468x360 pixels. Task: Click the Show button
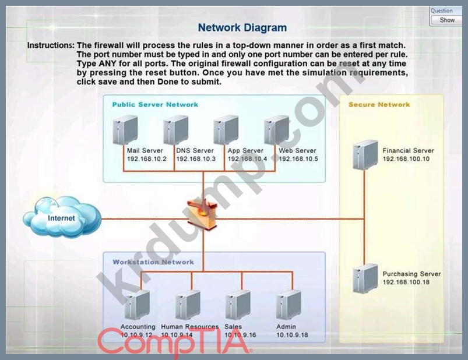tap(448, 20)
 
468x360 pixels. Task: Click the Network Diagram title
tap(242, 27)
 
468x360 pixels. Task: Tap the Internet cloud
tap(61, 218)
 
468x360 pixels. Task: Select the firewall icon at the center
tap(202, 213)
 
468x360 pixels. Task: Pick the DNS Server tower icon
tap(175, 130)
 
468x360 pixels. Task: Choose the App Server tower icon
tap(226, 130)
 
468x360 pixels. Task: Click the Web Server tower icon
tap(276, 130)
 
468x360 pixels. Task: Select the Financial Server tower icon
tap(365, 154)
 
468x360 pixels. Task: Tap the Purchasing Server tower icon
tap(365, 279)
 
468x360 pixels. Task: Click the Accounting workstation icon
tap(137, 305)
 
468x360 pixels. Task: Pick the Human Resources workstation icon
tap(188, 305)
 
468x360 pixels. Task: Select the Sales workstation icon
tap(238, 305)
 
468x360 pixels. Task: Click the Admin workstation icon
tap(288, 305)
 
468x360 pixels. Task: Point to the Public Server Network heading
tap(155, 105)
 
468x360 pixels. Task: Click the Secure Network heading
tap(379, 105)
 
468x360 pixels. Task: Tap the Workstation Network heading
tap(153, 262)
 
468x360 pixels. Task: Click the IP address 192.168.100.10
tap(406, 158)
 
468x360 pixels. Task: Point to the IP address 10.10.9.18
tap(293, 335)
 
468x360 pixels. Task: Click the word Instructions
tap(51, 45)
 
